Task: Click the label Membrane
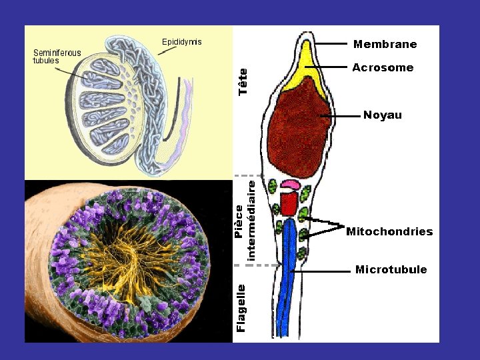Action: pos(385,45)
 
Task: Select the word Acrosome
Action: pos(383,68)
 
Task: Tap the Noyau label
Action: pos(383,115)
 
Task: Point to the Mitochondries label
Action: pos(389,232)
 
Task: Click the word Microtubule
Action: pos(391,270)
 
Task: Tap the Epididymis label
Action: pos(181,42)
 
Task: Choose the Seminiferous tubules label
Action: pos(57,57)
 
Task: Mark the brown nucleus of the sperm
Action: pos(299,127)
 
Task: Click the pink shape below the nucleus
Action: pos(291,185)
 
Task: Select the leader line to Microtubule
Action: pos(323,271)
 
